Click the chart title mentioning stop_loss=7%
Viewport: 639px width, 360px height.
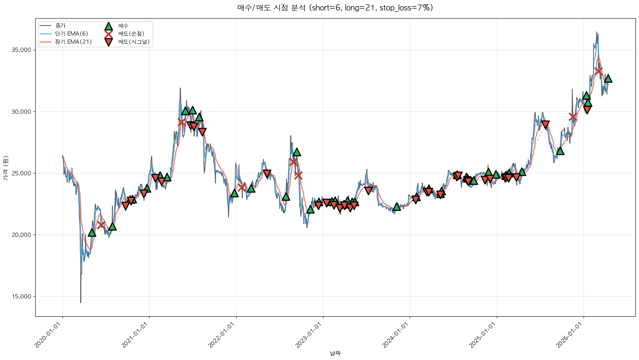(335, 8)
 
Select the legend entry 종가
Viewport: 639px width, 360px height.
(60, 26)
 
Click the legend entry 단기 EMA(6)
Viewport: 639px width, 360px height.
(71, 34)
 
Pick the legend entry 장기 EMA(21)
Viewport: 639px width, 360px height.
(73, 42)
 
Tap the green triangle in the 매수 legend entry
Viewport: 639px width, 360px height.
(108, 26)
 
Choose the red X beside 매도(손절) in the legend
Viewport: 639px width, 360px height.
(108, 34)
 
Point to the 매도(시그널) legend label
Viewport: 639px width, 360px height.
(134, 42)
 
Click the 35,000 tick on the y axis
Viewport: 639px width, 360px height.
(23, 50)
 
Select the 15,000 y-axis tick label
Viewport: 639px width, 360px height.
(23, 297)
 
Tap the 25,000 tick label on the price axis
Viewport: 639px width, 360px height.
(23, 173)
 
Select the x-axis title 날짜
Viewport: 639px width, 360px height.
(335, 353)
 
